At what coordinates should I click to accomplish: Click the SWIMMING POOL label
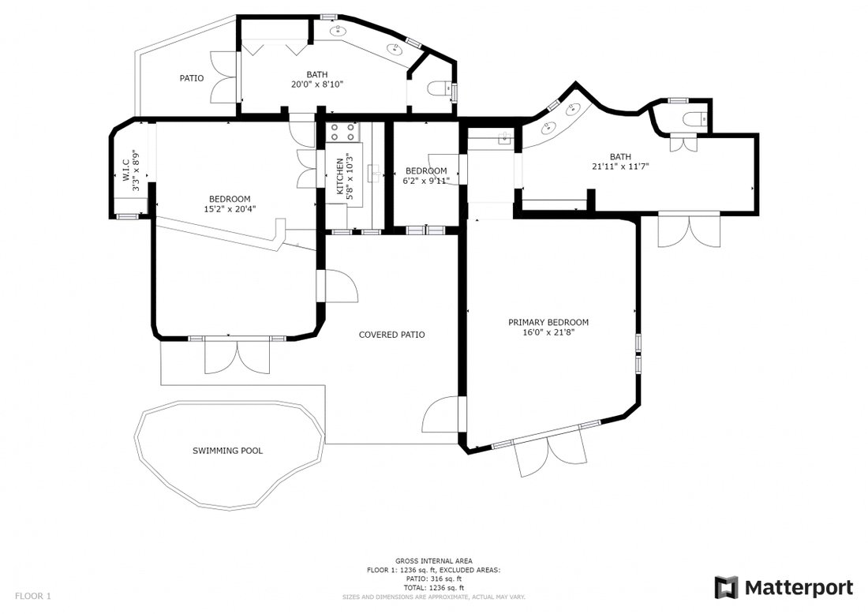(x=227, y=451)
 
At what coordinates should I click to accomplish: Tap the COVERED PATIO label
(x=392, y=335)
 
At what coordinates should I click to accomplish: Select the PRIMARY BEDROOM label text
(x=548, y=322)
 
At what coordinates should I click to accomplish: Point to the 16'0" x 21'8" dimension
(x=548, y=332)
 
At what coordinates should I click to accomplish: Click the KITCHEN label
(x=340, y=177)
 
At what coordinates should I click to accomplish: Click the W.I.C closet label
(x=125, y=171)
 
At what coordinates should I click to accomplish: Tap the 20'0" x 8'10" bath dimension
(x=317, y=84)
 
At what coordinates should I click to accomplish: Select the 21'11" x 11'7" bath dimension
(x=620, y=166)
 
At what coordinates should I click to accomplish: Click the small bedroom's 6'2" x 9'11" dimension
(x=426, y=181)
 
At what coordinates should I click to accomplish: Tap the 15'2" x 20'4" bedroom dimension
(x=230, y=208)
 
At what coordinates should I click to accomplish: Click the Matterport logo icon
(x=726, y=587)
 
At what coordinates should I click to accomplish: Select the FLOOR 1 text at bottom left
(x=32, y=597)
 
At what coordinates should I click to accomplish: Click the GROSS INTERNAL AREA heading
(x=434, y=561)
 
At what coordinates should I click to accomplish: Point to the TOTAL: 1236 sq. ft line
(x=434, y=588)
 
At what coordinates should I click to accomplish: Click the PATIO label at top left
(x=192, y=78)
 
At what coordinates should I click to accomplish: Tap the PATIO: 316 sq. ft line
(x=434, y=579)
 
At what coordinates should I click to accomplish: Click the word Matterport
(x=799, y=587)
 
